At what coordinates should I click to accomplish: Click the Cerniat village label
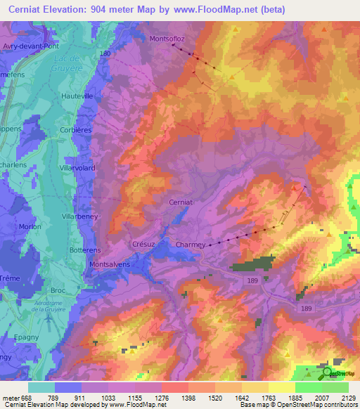pyautogui.click(x=180, y=202)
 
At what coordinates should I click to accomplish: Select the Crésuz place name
pyautogui.click(x=143, y=244)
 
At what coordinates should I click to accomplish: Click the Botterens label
pyautogui.click(x=86, y=250)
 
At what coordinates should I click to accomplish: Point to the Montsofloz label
pyautogui.click(x=167, y=39)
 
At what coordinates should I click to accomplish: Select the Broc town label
pyautogui.click(x=78, y=290)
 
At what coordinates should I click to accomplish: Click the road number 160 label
pyautogui.click(x=105, y=53)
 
